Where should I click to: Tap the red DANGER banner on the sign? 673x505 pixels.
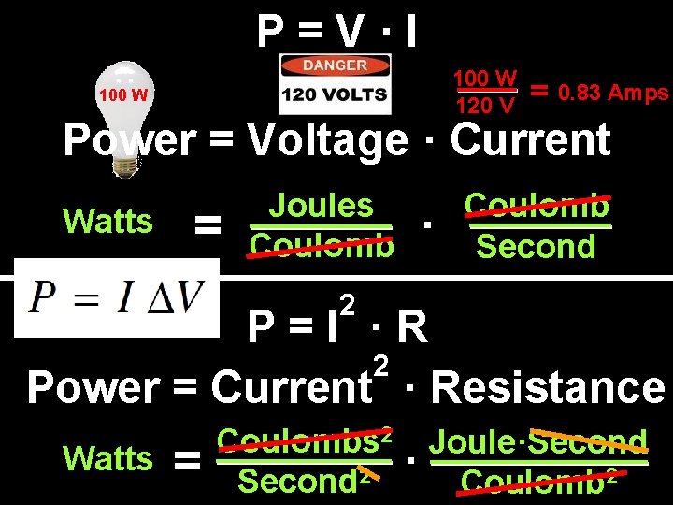[x=336, y=66]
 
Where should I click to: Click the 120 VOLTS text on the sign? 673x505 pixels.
[x=336, y=94]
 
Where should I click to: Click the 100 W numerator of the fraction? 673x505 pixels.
[x=486, y=77]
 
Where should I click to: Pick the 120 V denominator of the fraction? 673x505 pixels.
[x=485, y=106]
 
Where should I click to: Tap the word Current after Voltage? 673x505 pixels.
[x=530, y=141]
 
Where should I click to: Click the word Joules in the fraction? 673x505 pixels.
[x=321, y=206]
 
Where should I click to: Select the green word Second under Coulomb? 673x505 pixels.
[x=536, y=247]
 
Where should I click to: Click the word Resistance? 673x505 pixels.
[x=549, y=387]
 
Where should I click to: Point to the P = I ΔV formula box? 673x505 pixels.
[x=116, y=298]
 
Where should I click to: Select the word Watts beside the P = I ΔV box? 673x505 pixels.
[x=107, y=222]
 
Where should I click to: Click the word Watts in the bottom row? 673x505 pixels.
[x=107, y=459]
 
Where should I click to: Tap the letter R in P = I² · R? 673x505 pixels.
[x=411, y=328]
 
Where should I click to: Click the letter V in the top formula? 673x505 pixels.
[x=347, y=34]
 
